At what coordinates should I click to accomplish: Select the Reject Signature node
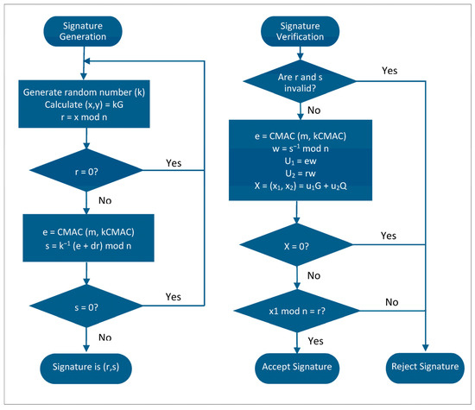coord(426,365)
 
